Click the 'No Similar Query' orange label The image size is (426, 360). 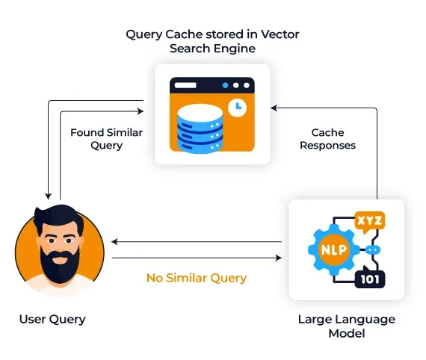click(x=197, y=279)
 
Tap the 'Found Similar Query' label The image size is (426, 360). click(x=106, y=139)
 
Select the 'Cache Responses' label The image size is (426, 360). click(x=327, y=139)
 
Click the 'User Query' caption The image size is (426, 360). click(x=52, y=320)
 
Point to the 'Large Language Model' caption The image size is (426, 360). click(x=347, y=326)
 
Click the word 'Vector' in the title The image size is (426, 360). click(x=280, y=34)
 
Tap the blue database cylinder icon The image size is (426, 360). click(x=200, y=128)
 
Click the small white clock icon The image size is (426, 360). click(x=237, y=108)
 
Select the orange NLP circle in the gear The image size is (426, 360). click(x=334, y=249)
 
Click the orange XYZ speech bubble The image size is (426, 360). click(x=370, y=222)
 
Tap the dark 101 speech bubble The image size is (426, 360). click(x=370, y=278)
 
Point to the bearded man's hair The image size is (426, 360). click(x=58, y=217)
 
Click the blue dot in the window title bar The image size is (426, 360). click(x=225, y=86)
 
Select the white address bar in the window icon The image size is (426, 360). click(x=185, y=86)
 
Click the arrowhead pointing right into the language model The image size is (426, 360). click(x=279, y=258)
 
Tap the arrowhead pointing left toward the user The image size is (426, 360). click(x=114, y=242)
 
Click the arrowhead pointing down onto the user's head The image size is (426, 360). click(x=48, y=196)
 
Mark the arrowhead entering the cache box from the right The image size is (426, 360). click(x=274, y=108)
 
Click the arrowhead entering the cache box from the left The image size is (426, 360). click(x=141, y=111)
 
